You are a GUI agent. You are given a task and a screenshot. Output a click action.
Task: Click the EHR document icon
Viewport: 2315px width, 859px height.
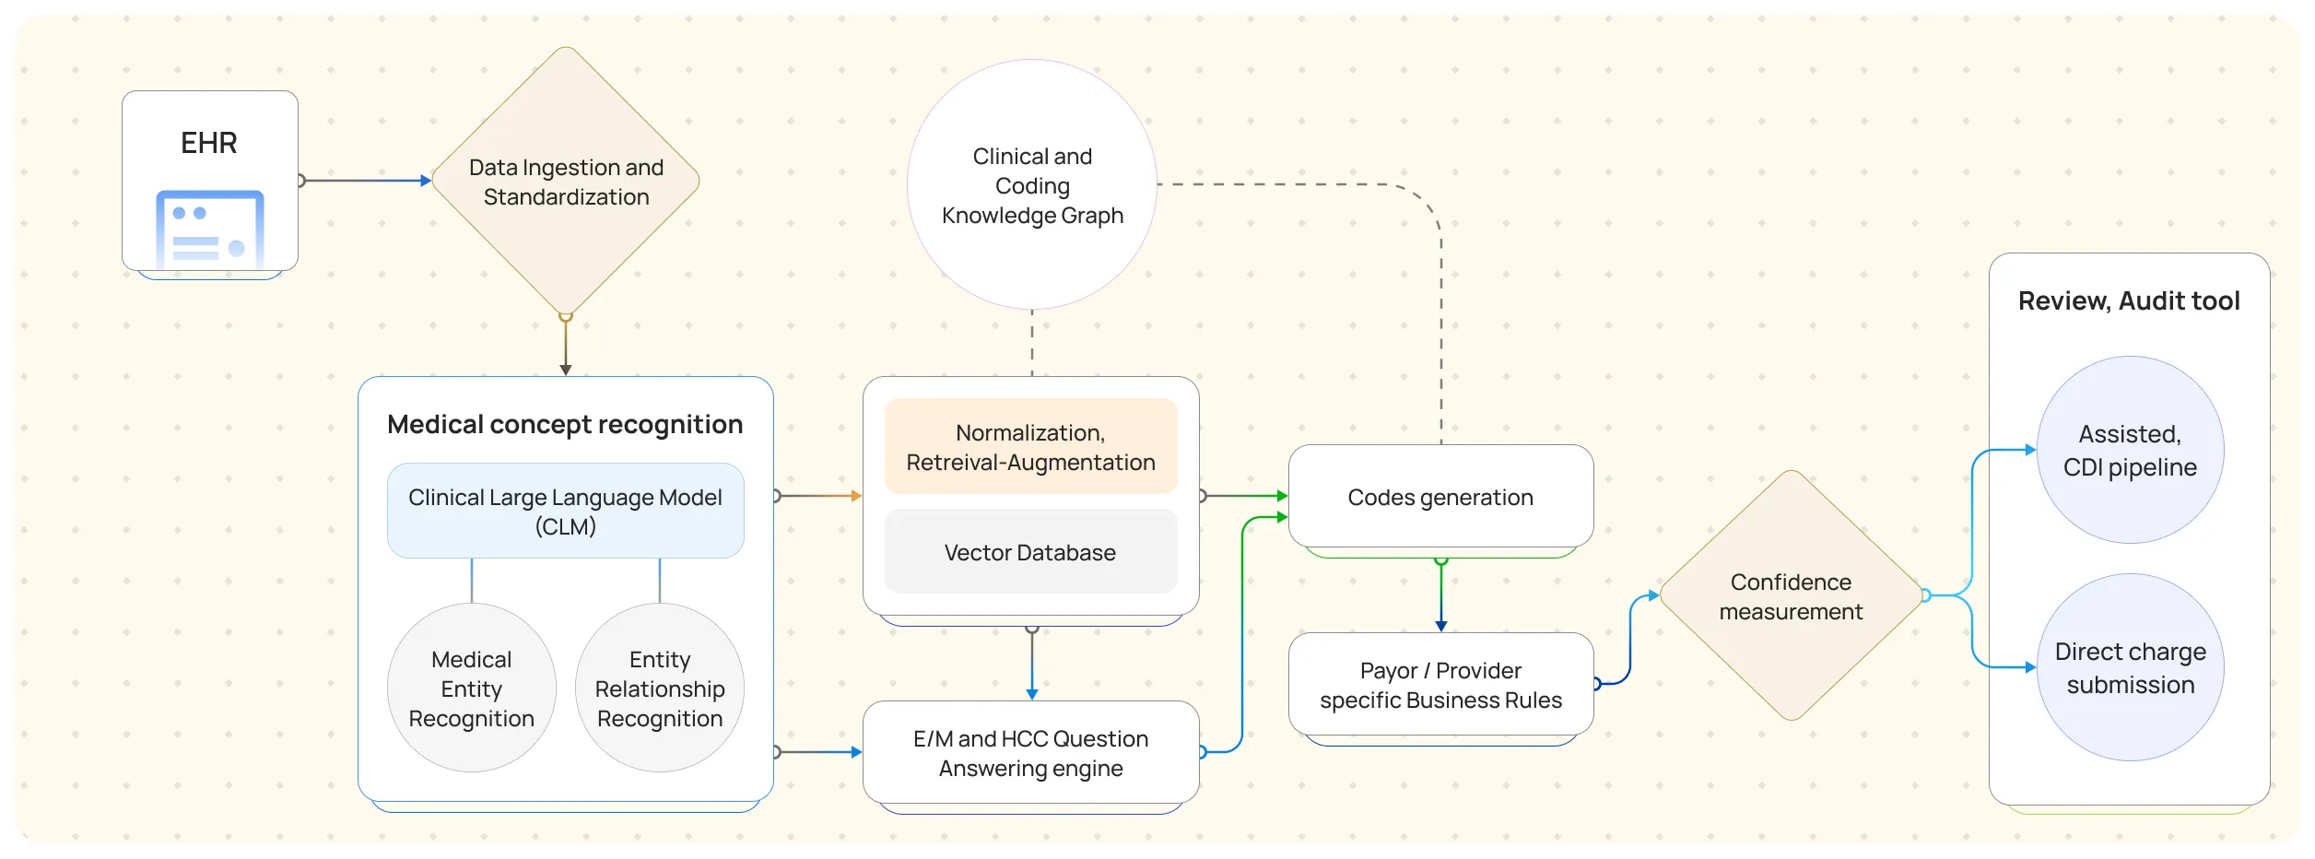point(210,229)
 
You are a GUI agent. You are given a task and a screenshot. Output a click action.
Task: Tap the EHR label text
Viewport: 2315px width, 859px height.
point(209,143)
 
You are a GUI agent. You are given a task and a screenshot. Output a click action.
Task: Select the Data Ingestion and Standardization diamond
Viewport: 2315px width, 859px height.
point(566,182)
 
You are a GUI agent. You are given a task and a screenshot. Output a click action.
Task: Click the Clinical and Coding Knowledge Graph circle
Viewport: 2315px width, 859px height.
point(1032,185)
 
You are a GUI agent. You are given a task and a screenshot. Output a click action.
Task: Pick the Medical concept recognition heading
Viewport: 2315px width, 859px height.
point(565,424)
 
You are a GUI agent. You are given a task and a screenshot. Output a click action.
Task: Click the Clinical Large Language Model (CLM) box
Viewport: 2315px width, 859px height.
point(565,512)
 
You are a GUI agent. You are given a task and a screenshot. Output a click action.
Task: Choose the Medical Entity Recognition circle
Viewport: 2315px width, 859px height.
point(471,688)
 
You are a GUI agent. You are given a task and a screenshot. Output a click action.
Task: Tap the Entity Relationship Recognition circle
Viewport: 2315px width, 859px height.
point(660,688)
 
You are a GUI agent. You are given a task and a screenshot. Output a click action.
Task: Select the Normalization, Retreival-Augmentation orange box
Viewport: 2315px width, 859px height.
point(1030,447)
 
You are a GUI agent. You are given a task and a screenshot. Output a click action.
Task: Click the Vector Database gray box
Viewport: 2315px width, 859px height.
point(1030,552)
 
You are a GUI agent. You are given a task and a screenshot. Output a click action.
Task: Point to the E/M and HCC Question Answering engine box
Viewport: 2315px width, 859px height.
point(1030,753)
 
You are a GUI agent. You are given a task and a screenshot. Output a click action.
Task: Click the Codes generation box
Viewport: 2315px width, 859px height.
point(1440,498)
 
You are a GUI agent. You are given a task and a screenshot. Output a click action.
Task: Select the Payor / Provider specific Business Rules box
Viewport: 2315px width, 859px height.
point(1440,685)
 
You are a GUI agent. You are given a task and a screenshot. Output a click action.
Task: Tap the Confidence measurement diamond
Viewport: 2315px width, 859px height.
point(1791,596)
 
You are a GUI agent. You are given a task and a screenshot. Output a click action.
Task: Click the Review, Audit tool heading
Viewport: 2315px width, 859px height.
point(2128,300)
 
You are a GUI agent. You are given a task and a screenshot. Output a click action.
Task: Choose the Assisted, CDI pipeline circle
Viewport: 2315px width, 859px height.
point(2130,450)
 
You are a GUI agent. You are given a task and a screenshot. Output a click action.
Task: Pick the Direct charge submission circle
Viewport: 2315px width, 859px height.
point(2130,667)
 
